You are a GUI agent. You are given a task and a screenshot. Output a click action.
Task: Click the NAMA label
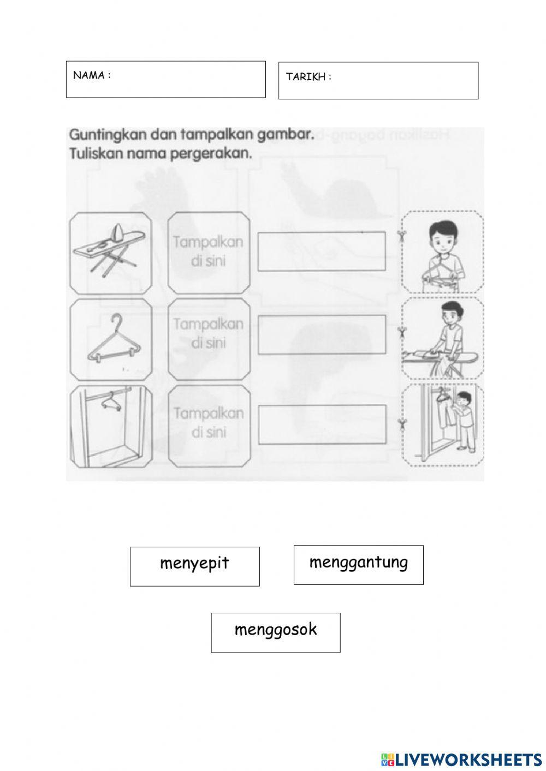tap(92, 75)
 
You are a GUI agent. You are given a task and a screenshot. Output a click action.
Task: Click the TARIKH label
tap(308, 77)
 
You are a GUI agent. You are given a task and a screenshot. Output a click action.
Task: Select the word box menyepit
tap(194, 566)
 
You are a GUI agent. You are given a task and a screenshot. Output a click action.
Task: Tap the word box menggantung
tap(358, 564)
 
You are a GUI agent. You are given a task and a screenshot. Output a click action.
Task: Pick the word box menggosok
tap(276, 632)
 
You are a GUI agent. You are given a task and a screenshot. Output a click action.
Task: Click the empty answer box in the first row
tap(322, 251)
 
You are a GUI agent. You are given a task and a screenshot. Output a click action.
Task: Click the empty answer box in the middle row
tap(322, 334)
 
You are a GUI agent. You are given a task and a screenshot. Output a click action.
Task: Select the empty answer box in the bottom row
tap(322, 425)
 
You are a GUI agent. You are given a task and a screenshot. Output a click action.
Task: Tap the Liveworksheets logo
tap(461, 759)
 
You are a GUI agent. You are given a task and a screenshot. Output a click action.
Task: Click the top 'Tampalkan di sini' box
tap(208, 252)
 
